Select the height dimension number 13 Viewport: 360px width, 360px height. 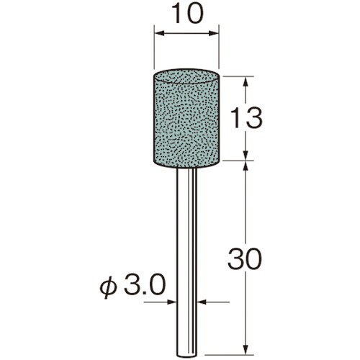point(246,119)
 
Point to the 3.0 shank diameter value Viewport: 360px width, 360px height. point(145,286)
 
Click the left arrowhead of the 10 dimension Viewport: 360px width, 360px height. point(159,33)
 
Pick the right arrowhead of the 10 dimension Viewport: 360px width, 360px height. point(213,33)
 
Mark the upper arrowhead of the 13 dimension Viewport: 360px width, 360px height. point(246,83)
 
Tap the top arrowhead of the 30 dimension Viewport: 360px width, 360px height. point(246,167)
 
